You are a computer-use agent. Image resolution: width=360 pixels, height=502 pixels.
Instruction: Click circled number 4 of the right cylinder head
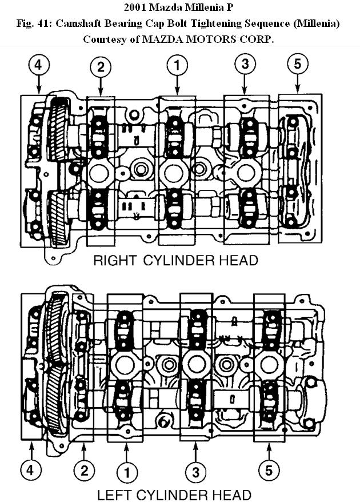point(38,65)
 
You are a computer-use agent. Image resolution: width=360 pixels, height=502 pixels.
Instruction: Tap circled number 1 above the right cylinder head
point(177,65)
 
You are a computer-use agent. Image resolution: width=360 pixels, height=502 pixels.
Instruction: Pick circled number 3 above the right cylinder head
point(245,65)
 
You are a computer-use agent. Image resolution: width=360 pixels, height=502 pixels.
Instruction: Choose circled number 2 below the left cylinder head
point(84,471)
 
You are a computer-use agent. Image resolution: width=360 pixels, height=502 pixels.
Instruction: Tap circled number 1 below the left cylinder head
point(127,473)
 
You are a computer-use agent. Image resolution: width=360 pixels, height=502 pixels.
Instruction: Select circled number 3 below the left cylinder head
point(196,472)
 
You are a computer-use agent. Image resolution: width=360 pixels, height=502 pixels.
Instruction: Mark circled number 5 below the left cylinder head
point(269,471)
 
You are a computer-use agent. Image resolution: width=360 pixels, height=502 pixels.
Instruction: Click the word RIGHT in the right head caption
point(114,261)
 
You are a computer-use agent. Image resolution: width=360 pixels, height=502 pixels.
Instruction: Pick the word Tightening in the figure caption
point(216,23)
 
